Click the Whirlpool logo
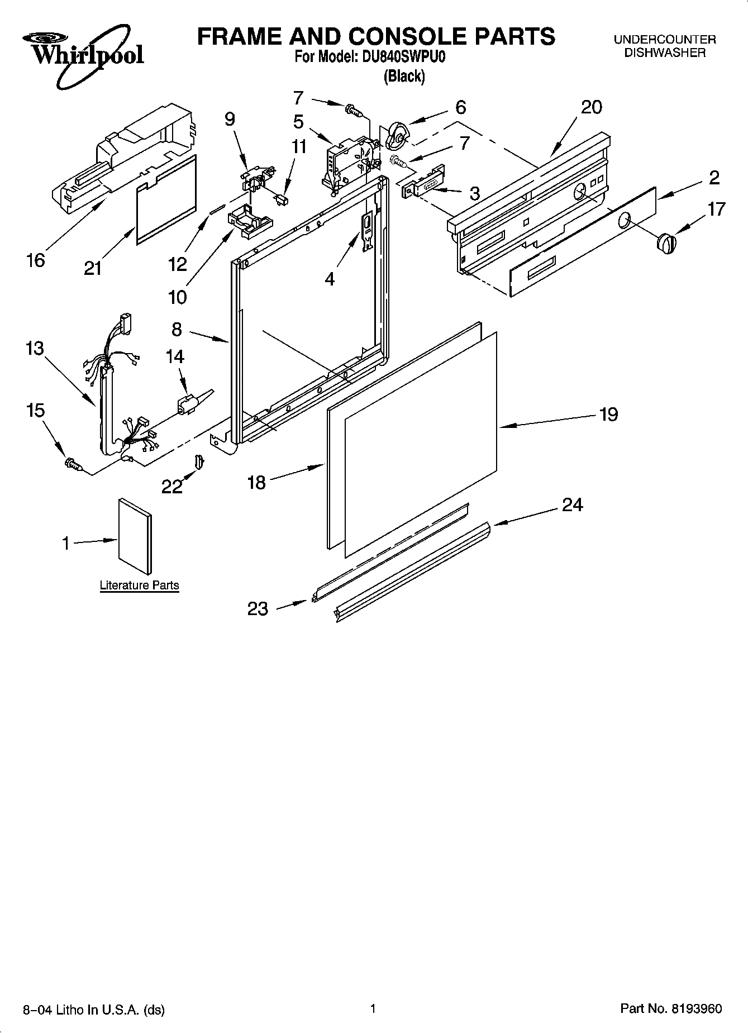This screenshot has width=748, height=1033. (x=84, y=56)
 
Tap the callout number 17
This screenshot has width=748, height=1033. (x=716, y=209)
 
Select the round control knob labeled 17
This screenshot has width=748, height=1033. (x=666, y=244)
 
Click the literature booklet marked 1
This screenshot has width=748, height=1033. (x=134, y=536)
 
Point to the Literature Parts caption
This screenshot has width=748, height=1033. (x=139, y=585)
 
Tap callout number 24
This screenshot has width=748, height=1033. (x=573, y=505)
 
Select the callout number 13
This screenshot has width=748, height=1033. (x=34, y=349)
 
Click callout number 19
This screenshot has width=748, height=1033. (x=608, y=415)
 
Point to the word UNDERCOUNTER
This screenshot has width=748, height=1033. (x=665, y=40)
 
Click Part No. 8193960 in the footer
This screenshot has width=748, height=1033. (x=671, y=1008)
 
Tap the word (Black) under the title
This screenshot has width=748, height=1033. (x=404, y=77)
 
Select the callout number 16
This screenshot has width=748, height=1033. (x=35, y=260)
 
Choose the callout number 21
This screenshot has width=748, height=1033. (x=93, y=269)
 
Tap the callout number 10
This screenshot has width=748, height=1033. (x=177, y=297)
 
